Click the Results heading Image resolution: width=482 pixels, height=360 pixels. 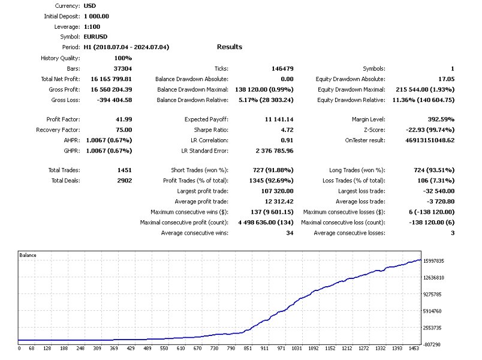click(230, 47)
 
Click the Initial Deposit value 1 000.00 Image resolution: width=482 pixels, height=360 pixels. click(97, 16)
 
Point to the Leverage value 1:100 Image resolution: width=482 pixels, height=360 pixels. click(92, 26)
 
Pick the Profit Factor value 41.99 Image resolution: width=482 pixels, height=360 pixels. click(123, 119)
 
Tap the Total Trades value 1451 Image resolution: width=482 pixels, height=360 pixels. click(125, 170)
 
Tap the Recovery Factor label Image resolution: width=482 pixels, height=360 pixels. click(58, 130)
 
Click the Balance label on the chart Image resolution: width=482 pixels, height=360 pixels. click(28, 256)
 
